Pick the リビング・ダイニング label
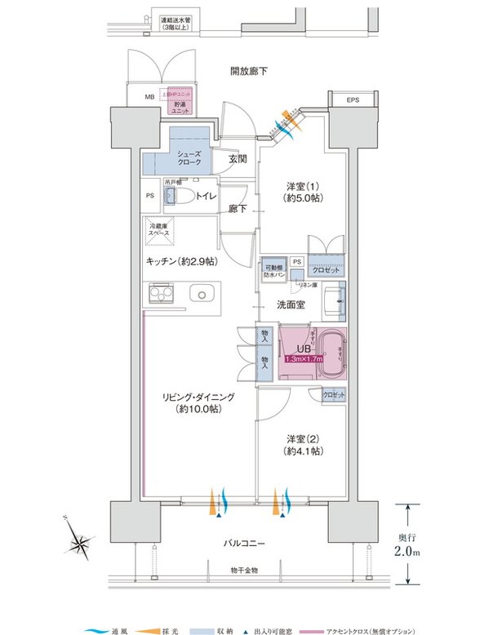pyautogui.click(x=198, y=402)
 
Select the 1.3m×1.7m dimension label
pyautogui.click(x=303, y=358)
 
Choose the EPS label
pyautogui.click(x=352, y=100)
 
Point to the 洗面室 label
pyautogui.click(x=291, y=305)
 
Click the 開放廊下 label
pyautogui.click(x=249, y=71)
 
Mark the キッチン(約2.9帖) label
pyautogui.click(x=181, y=262)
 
